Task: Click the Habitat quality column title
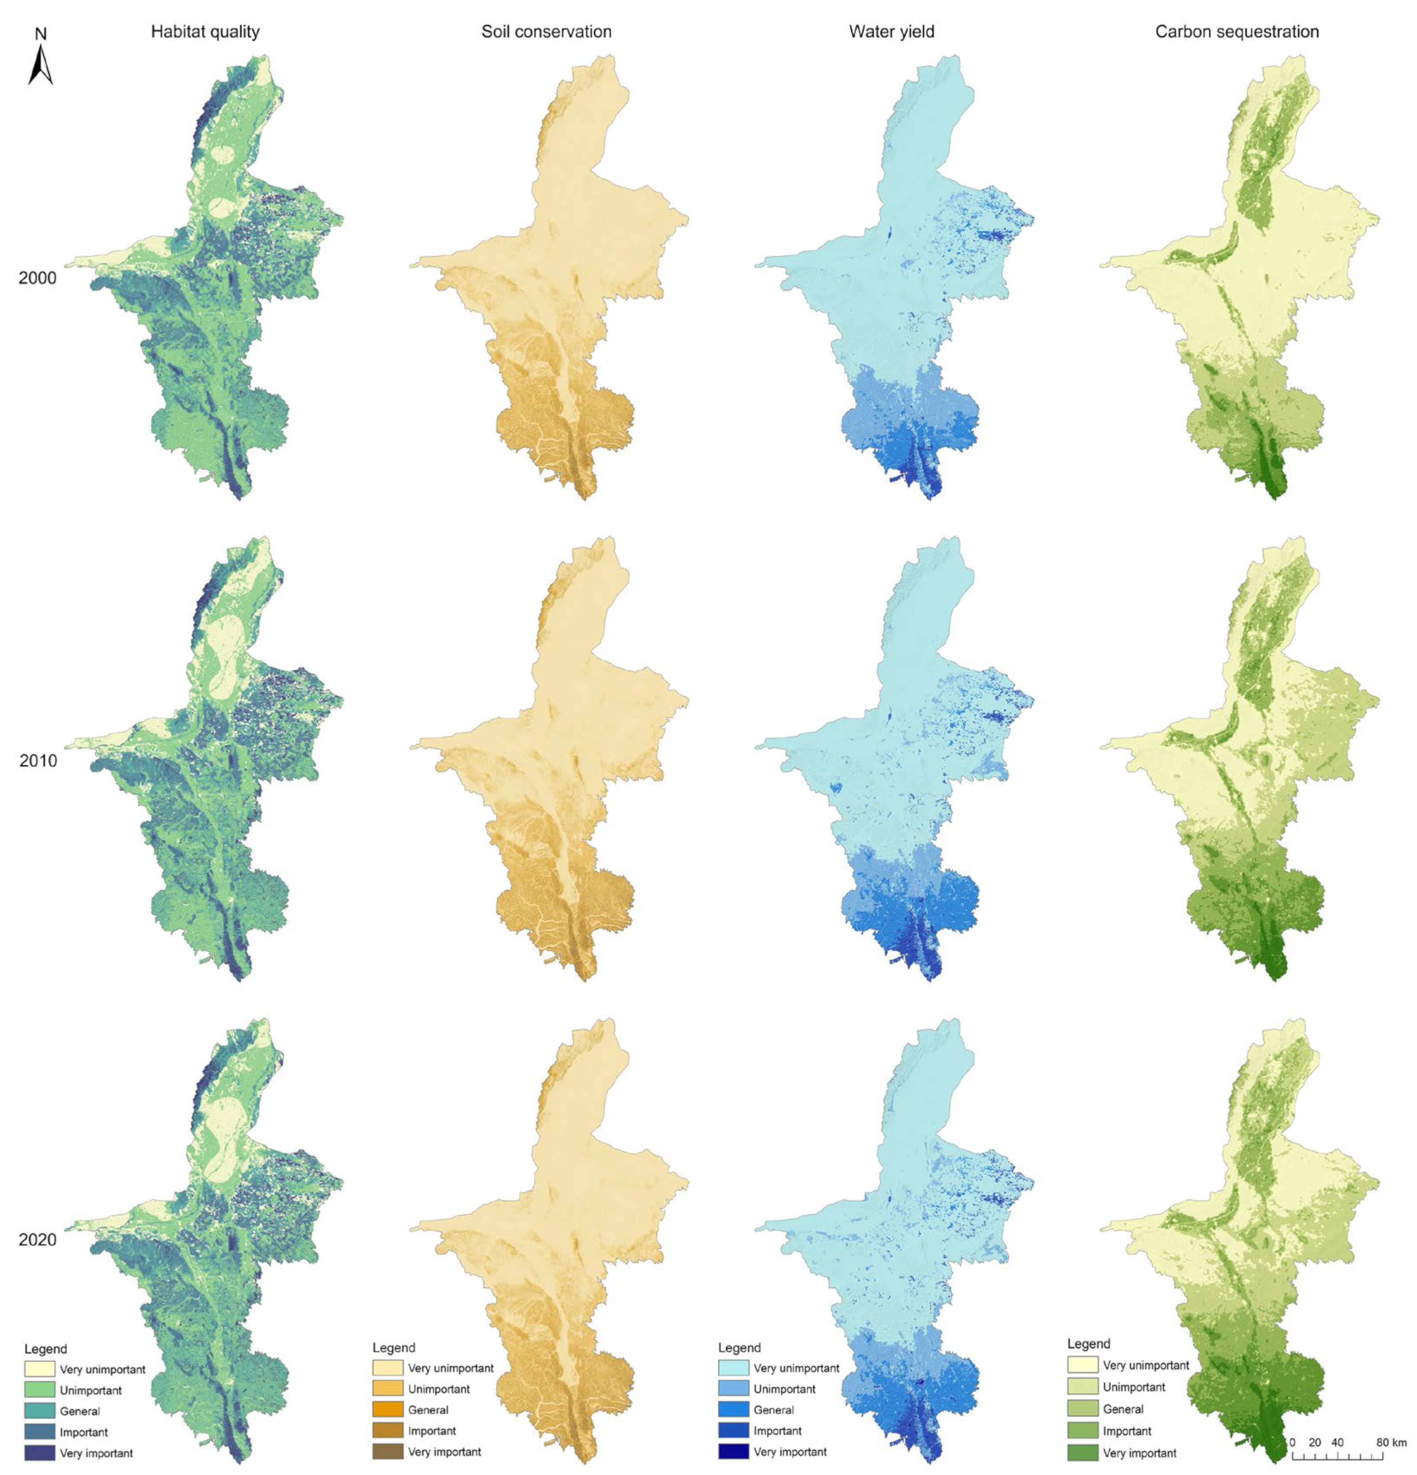tap(205, 31)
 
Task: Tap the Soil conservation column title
tap(546, 31)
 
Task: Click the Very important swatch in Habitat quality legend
tap(39, 1453)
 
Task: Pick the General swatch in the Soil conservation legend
tap(387, 1409)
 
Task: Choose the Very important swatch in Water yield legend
tap(732, 1452)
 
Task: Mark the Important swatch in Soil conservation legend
tap(387, 1431)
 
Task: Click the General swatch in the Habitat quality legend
tap(39, 1411)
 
